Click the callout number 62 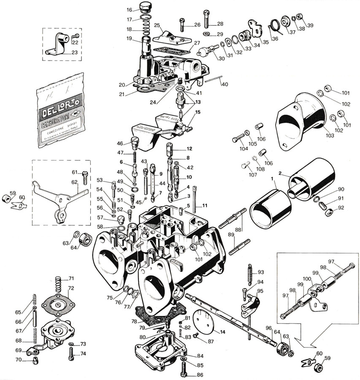[x=74, y=182]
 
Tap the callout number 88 [x=238, y=230]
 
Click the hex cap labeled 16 [x=146, y=7]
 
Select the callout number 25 [x=157, y=26]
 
